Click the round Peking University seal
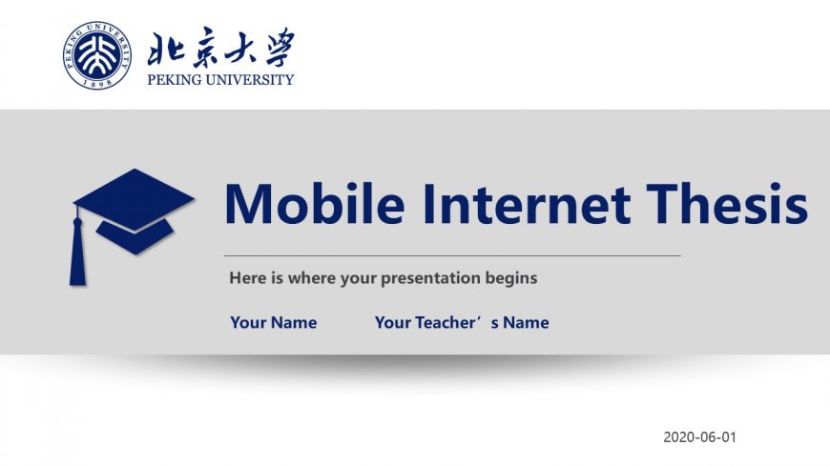pyautogui.click(x=96, y=55)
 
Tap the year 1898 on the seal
pyautogui.click(x=98, y=83)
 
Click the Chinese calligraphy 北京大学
pyautogui.click(x=220, y=49)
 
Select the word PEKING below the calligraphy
pyautogui.click(x=175, y=80)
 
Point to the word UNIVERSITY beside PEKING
pyautogui.click(x=249, y=80)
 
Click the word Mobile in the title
pyautogui.click(x=315, y=204)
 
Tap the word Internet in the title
pyautogui.click(x=527, y=204)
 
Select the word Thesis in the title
pyautogui.click(x=727, y=204)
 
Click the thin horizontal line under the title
pyautogui.click(x=452, y=255)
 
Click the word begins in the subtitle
pyautogui.click(x=511, y=279)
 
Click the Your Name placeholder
pyautogui.click(x=274, y=322)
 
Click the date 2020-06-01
pyautogui.click(x=699, y=436)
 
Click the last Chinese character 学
pyautogui.click(x=280, y=47)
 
